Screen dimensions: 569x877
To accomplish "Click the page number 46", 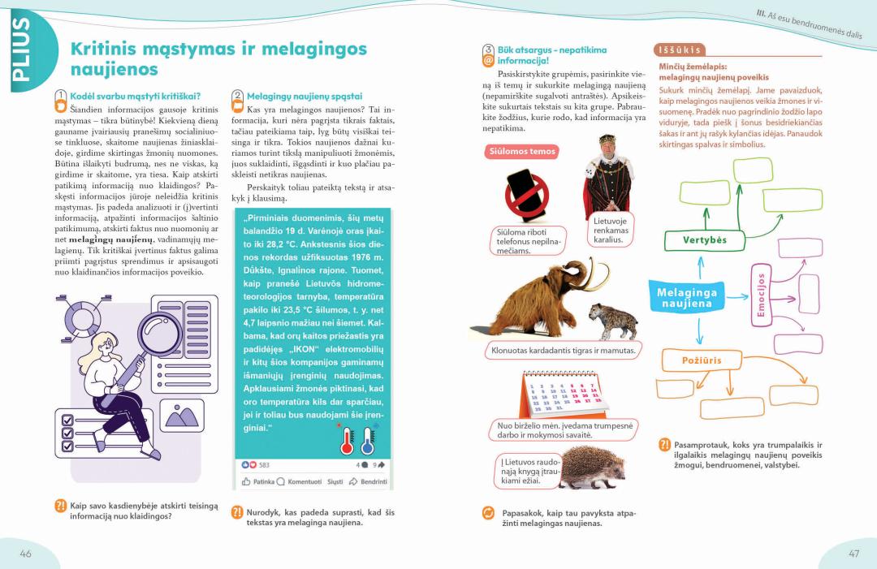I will pyautogui.click(x=26, y=553).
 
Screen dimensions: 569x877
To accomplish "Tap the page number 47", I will pyautogui.click(x=853, y=553).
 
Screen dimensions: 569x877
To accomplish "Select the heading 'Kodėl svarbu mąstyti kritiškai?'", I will pyautogui.click(x=135, y=96).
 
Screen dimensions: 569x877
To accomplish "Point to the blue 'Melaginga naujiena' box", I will pyautogui.click(x=686, y=298).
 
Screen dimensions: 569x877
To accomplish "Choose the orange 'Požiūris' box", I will pyautogui.click(x=702, y=360).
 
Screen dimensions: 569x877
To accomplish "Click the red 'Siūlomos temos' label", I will pyautogui.click(x=521, y=152).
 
